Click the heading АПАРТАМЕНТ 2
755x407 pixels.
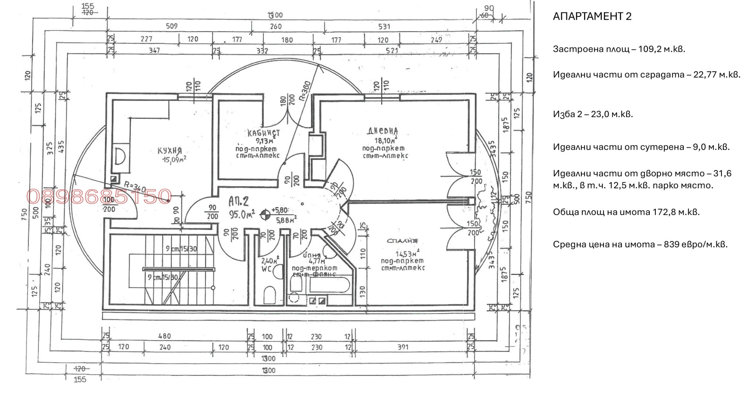(592, 17)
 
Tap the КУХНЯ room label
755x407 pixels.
(169, 151)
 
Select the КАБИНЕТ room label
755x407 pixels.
(263, 133)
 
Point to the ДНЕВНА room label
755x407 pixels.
(383, 131)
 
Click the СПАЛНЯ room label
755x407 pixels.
(402, 241)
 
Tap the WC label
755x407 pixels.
(267, 269)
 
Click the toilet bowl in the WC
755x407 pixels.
(270, 295)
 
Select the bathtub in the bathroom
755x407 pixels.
(329, 285)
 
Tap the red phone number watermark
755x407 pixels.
(99, 196)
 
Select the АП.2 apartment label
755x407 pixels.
(238, 202)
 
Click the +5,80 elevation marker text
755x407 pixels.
(279, 210)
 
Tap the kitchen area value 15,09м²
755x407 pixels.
(174, 160)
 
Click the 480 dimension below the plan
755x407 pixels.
(164, 336)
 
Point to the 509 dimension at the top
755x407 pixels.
(172, 26)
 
